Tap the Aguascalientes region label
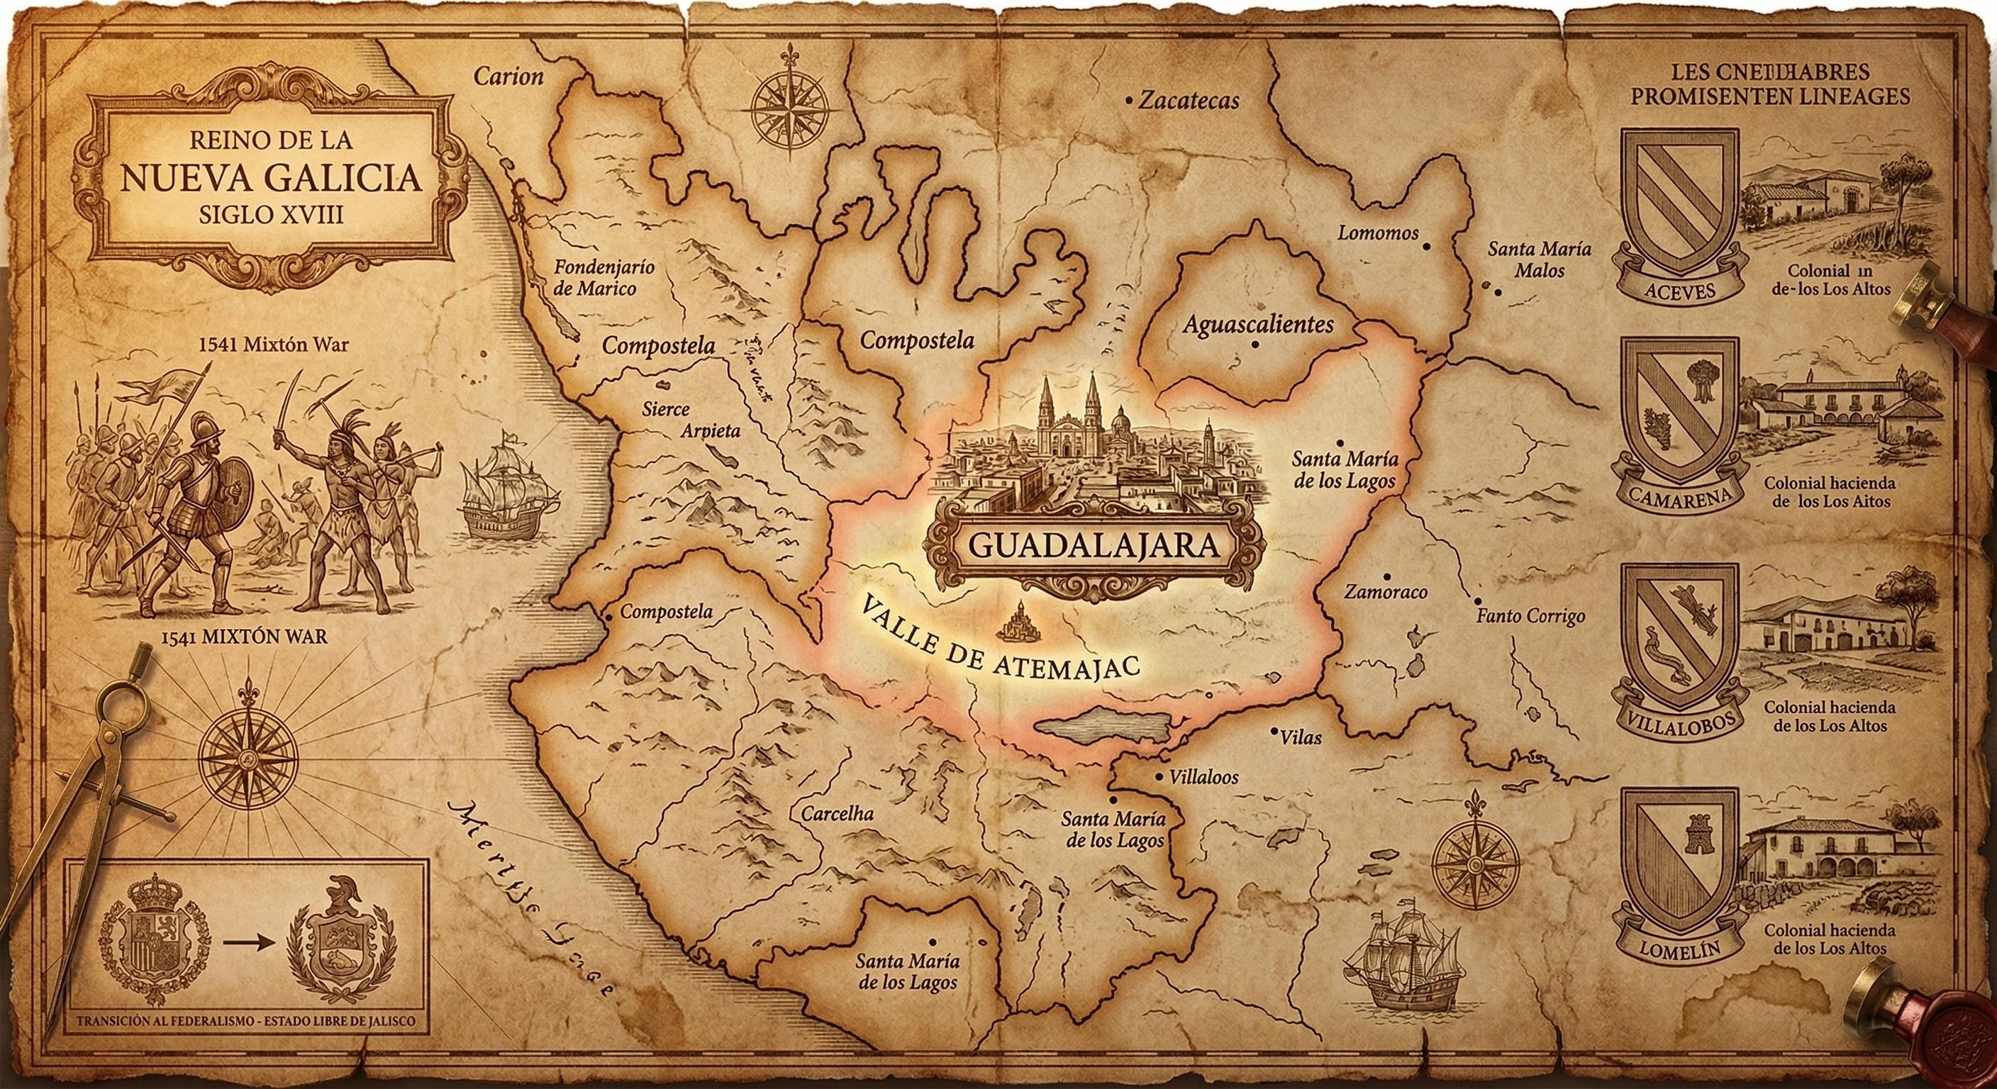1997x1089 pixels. [x=1257, y=323]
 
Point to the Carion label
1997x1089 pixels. [x=508, y=76]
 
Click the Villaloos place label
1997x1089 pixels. [x=1203, y=776]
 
